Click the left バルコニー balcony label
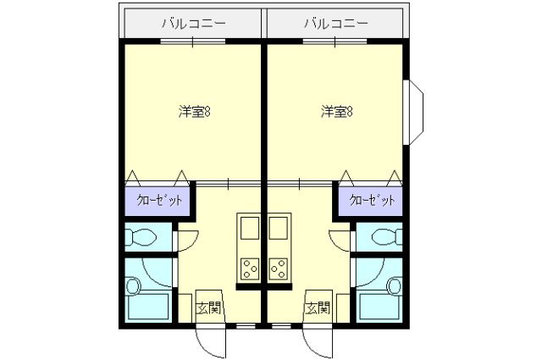coord(194,23)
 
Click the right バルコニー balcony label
coord(336,23)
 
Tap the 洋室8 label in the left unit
coord(194,111)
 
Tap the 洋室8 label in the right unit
coord(336,111)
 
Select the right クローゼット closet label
coord(371,201)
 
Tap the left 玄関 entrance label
coord(207,308)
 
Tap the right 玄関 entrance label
coord(317,308)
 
